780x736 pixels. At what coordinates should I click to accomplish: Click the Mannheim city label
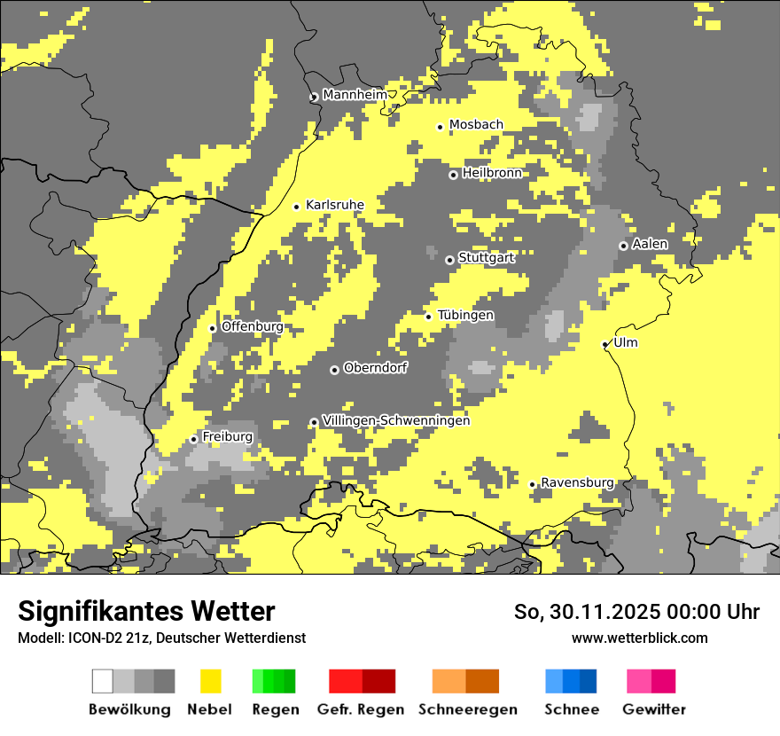coord(355,95)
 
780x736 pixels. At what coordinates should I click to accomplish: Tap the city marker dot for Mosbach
coord(440,127)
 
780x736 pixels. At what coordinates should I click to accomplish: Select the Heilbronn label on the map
coord(492,173)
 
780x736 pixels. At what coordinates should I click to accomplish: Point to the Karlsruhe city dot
coord(297,207)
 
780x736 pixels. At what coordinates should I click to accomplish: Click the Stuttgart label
coord(486,258)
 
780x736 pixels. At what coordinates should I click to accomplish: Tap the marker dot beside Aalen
coord(623,246)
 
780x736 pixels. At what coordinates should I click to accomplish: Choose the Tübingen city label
coord(465,316)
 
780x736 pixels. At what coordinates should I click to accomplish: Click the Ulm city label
coord(626,342)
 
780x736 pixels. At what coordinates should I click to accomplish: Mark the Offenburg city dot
coord(213,328)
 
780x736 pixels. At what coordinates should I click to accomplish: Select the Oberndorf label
coord(376,368)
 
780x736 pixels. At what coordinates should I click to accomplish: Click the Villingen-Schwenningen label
coord(396,420)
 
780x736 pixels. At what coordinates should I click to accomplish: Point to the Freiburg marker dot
coord(193,439)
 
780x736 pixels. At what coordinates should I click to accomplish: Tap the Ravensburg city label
coord(577,482)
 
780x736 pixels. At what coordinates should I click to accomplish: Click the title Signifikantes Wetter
coord(146,611)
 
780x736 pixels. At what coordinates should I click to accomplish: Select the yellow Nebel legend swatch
coord(210,681)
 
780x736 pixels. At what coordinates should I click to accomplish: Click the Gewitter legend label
coord(654,709)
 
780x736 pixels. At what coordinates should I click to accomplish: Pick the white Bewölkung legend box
coord(103,681)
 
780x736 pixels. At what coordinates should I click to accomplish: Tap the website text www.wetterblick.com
coord(640,638)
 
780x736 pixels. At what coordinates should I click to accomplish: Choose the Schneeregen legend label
coord(468,709)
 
